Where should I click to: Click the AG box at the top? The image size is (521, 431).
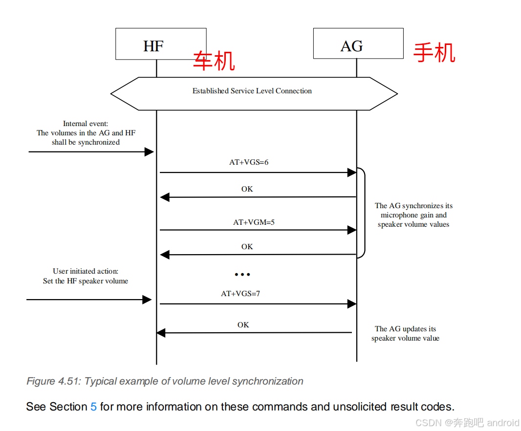358,44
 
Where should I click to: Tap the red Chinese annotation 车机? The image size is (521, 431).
214,61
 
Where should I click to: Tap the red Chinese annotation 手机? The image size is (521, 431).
434,53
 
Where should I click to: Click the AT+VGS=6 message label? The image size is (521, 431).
249,162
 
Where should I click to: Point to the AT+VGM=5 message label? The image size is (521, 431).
254,222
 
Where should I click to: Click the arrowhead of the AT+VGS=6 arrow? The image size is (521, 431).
352,172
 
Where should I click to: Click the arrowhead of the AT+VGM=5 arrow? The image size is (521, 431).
352,230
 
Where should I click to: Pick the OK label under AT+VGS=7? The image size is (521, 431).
243,325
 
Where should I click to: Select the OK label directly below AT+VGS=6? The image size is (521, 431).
247,189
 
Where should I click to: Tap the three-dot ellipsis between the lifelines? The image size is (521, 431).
242,275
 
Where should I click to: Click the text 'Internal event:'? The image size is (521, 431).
86,124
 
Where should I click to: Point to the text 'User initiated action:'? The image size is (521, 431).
86,271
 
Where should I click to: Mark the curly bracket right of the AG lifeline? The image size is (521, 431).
363,213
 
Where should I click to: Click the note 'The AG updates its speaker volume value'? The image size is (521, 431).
405,334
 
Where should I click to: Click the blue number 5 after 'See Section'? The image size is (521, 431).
93,407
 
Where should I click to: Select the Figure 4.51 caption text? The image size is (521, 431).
165,381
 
